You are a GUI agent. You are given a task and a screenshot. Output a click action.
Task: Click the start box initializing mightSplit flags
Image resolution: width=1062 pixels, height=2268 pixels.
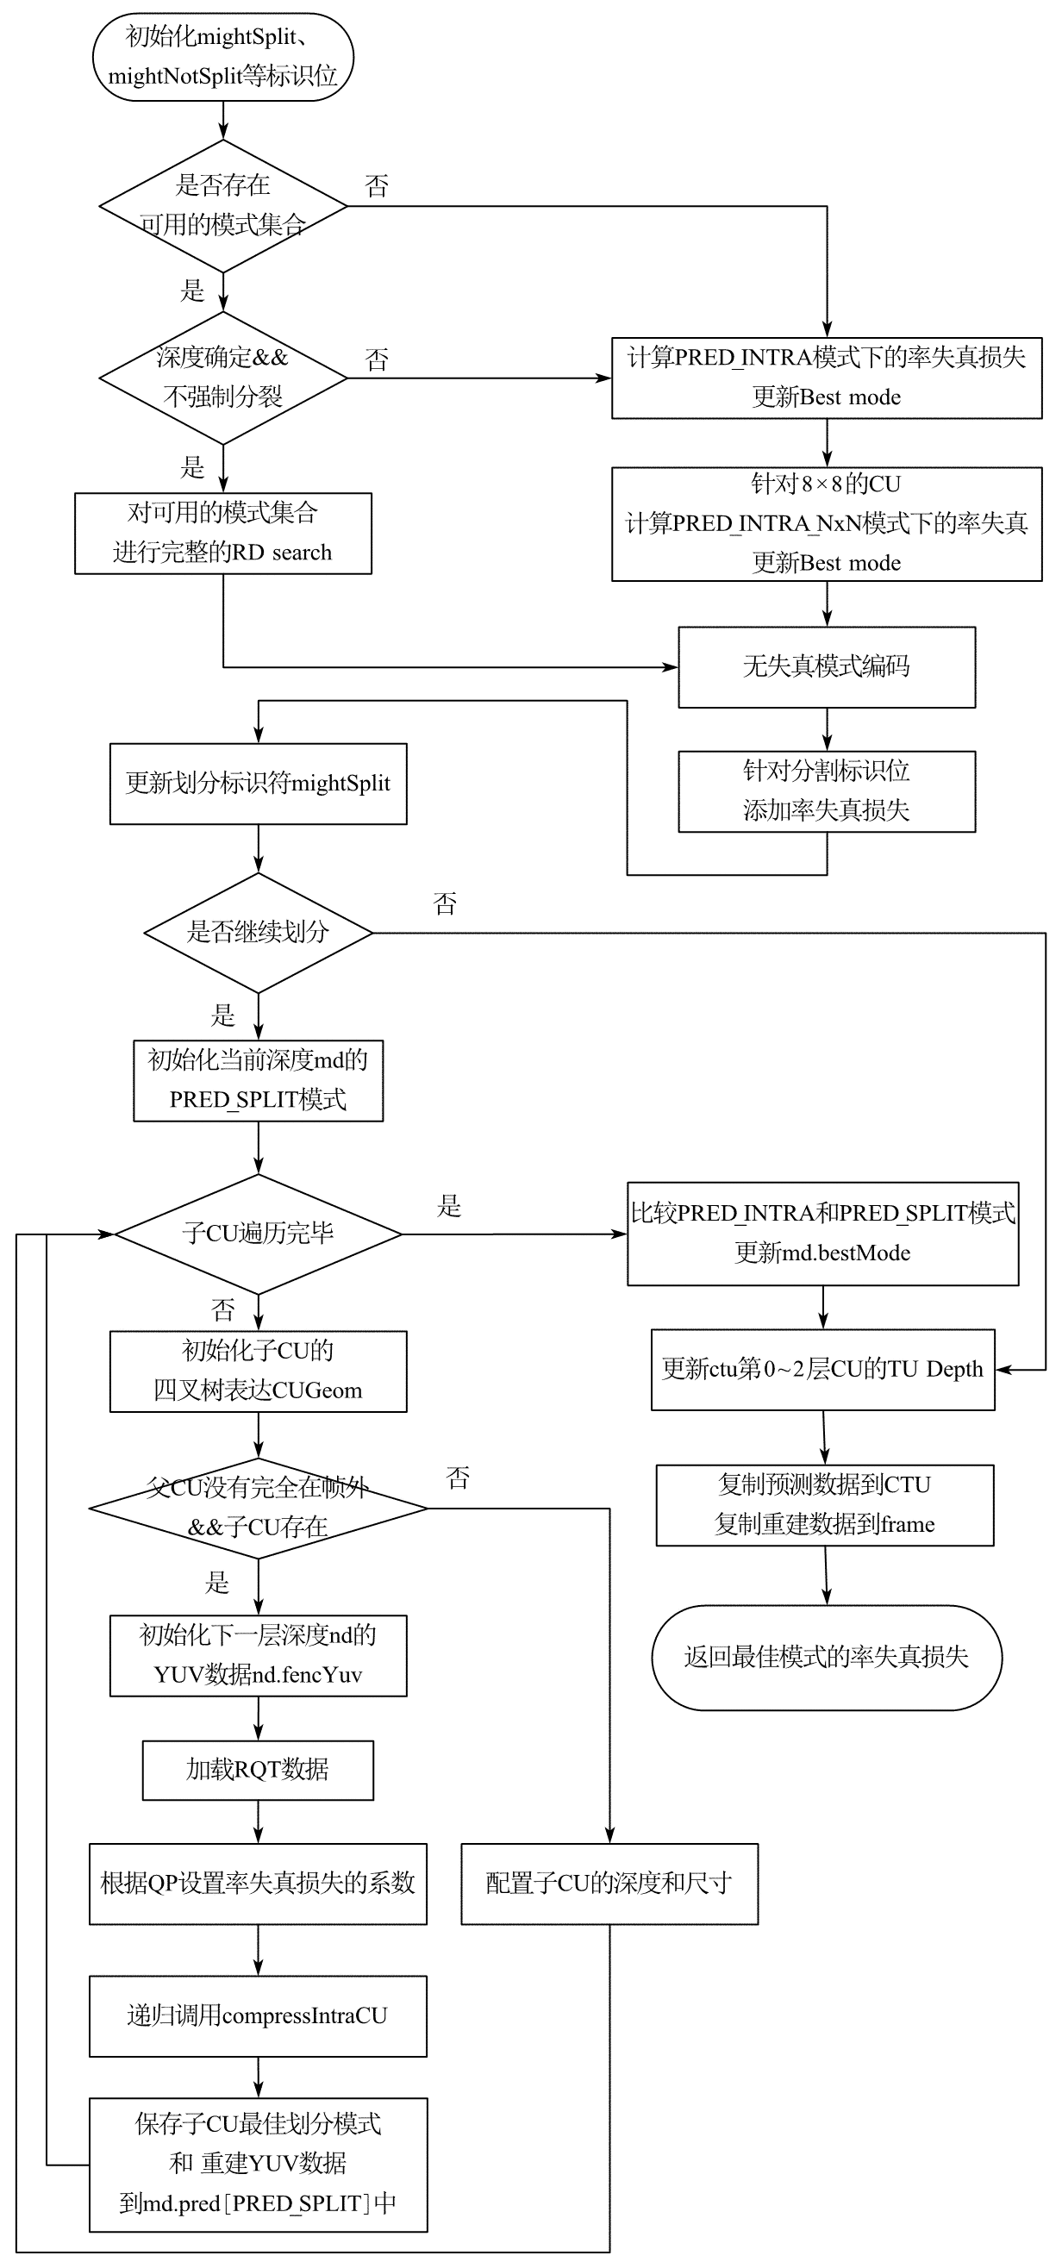pos(222,56)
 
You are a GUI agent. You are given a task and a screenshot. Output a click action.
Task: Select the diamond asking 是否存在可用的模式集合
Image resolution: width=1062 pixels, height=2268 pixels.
pos(222,206)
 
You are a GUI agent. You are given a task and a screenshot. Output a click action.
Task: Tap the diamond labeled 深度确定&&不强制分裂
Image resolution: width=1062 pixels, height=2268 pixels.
pos(222,378)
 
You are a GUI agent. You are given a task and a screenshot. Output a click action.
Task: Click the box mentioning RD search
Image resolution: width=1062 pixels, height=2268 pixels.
pos(222,534)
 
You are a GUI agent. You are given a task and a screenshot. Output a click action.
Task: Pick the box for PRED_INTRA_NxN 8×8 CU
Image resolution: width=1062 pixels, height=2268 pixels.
pos(826,524)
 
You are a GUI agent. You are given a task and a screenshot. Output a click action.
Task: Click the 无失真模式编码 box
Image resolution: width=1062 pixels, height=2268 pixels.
pos(826,666)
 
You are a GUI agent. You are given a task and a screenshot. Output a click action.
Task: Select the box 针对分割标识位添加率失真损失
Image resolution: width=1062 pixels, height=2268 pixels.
pos(826,790)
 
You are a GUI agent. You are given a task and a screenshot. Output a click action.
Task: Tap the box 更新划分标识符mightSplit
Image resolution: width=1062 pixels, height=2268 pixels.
pos(258,784)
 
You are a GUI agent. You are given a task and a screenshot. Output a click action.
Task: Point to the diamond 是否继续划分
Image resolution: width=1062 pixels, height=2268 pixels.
pos(258,933)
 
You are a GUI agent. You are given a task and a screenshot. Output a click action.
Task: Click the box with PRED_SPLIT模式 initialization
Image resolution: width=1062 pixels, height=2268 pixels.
pos(258,1080)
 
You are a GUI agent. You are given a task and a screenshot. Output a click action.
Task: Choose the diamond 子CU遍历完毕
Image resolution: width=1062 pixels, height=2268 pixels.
pos(258,1234)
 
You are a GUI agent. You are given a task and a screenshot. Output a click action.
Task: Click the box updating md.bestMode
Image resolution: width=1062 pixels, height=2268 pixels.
pos(822,1234)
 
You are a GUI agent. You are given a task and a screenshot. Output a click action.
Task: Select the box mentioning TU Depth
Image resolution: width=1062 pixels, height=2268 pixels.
pos(822,1369)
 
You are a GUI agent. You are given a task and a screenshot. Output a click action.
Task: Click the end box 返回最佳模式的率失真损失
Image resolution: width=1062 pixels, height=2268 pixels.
pos(826,1657)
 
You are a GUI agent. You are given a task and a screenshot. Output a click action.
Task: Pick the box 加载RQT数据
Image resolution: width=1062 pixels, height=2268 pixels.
pos(258,1770)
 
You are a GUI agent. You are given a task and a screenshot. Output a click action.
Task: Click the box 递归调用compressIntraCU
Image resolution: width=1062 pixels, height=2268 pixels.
pos(258,2016)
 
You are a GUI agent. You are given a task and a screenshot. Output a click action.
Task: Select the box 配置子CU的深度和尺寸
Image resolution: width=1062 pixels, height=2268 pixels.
pos(609,1884)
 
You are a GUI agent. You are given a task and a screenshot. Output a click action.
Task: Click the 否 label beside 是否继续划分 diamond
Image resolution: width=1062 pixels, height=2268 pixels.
pos(446,904)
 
